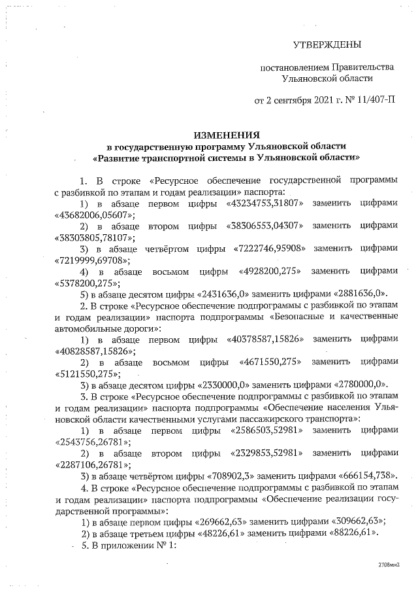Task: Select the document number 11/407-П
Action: point(373,100)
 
